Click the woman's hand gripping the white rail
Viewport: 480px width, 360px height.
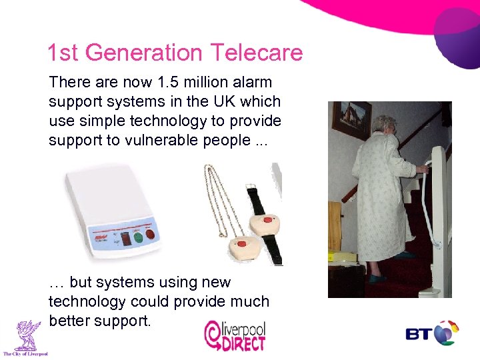tap(422, 169)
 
